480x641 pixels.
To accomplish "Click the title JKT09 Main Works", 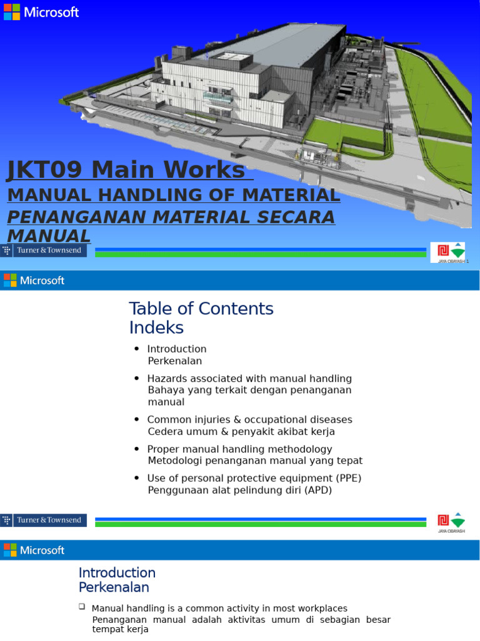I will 125,170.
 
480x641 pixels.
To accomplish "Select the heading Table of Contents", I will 201,309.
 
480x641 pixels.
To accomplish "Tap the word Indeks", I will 156,327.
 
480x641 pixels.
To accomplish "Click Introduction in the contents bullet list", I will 177,349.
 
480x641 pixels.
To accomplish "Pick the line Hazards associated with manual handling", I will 249,379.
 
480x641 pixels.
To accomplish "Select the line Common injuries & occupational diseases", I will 249,419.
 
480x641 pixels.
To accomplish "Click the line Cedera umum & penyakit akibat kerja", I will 241,431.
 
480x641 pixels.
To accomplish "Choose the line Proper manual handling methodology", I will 239,449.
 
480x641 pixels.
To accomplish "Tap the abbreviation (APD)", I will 319,490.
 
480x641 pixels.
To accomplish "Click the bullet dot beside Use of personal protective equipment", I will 136,479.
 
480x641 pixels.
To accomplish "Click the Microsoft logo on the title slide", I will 41,12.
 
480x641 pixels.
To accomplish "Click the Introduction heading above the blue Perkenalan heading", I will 117,573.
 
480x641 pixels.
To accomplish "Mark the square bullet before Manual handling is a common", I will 82,607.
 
